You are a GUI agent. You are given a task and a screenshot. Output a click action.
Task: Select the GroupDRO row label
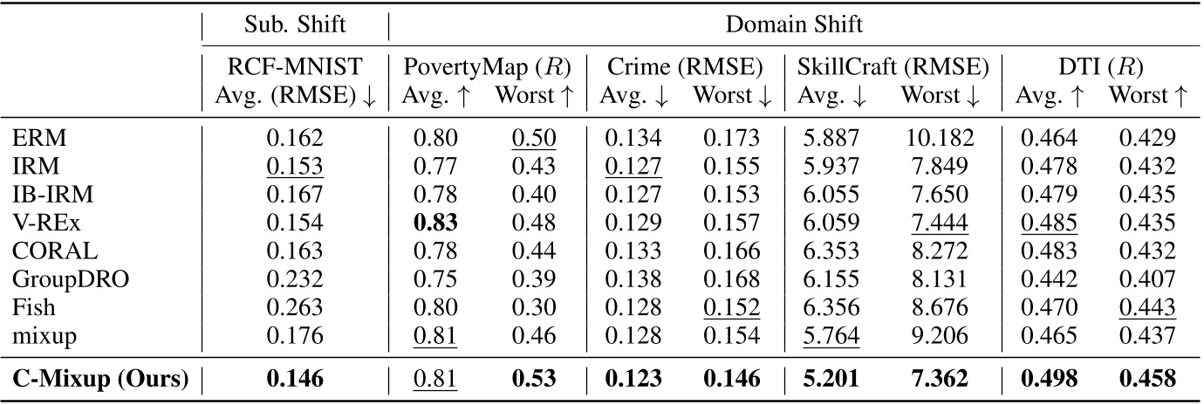58,278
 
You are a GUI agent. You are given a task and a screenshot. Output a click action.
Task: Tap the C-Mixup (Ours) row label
100,380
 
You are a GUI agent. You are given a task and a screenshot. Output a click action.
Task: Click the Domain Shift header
793,24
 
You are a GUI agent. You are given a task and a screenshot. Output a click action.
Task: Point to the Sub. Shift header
296,24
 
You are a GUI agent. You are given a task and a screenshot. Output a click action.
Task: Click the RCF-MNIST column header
296,66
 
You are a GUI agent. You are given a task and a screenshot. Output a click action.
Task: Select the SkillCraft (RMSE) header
893,66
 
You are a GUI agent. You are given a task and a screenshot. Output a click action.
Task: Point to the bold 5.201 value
831,380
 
